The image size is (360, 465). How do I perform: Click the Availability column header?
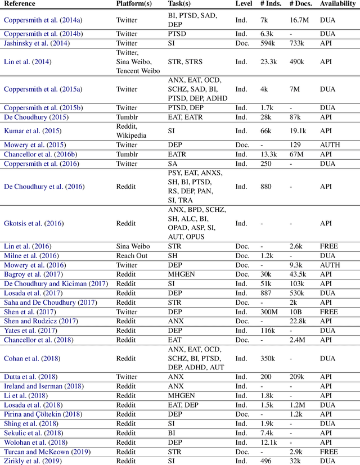click(x=337, y=4)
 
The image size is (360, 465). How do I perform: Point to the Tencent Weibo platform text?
click(x=138, y=71)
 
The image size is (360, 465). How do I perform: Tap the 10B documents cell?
click(x=295, y=312)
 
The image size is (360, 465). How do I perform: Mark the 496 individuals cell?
click(x=267, y=461)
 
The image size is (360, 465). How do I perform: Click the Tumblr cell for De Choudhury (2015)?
click(x=128, y=117)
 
